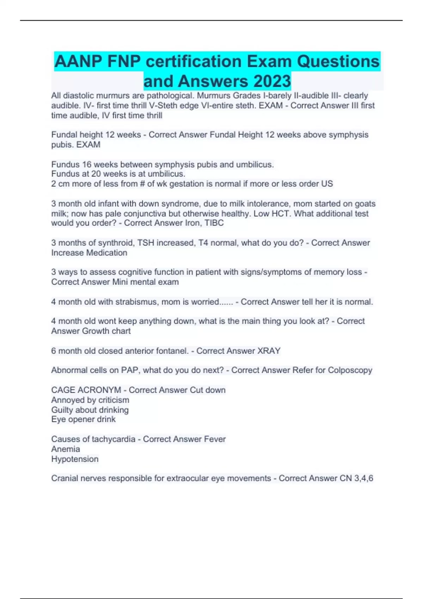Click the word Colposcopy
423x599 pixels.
click(x=350, y=370)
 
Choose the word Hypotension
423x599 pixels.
click(x=75, y=459)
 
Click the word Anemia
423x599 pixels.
click(x=66, y=449)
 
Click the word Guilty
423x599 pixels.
click(x=62, y=410)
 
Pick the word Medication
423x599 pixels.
click(x=106, y=253)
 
